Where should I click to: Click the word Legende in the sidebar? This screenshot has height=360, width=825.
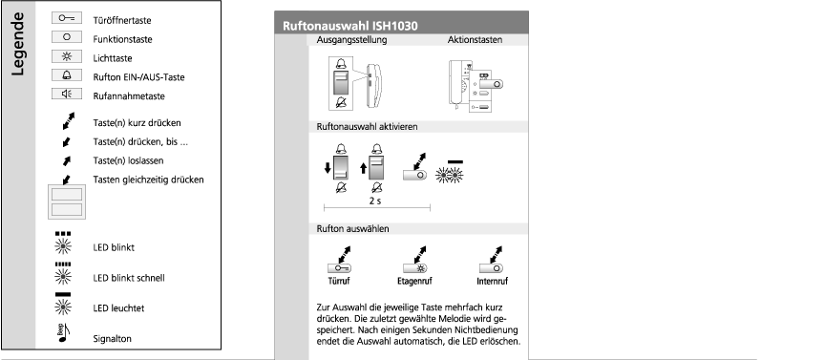click(x=17, y=44)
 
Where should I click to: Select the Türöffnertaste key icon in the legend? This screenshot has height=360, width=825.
click(x=67, y=18)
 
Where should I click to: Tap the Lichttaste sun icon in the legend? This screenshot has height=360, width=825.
click(x=67, y=55)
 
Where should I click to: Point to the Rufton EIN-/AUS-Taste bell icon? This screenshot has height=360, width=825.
click(x=67, y=74)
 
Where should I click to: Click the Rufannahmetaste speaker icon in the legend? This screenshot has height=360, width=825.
click(x=67, y=94)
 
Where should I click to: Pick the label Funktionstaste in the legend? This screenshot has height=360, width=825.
click(x=122, y=39)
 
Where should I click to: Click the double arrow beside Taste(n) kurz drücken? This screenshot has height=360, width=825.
click(x=68, y=120)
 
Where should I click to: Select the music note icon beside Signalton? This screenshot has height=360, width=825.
click(x=63, y=333)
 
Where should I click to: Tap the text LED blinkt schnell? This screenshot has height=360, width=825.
click(x=129, y=278)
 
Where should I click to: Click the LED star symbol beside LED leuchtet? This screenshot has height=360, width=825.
click(x=63, y=307)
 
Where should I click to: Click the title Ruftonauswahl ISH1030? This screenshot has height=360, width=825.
click(x=350, y=26)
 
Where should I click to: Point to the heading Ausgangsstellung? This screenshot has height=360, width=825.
click(x=351, y=40)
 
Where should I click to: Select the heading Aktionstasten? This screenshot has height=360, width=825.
click(x=476, y=40)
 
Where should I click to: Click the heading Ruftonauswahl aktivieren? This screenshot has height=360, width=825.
click(x=368, y=127)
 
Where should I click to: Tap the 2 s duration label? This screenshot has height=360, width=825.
click(x=375, y=201)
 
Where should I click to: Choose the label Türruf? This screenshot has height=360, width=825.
click(x=339, y=281)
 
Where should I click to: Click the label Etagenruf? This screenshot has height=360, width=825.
click(x=414, y=281)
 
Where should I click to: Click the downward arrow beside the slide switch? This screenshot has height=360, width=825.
click(x=328, y=168)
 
